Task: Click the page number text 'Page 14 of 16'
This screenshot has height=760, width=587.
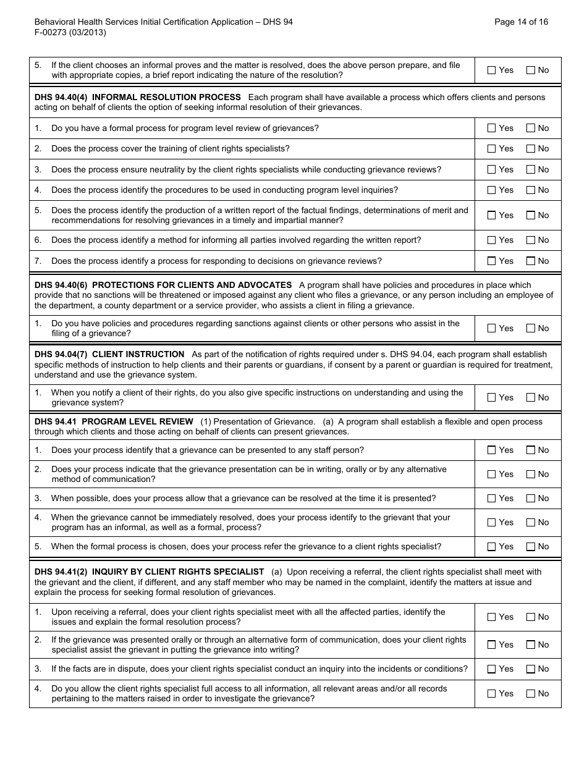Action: [x=521, y=22]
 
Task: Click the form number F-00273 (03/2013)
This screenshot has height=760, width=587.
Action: [x=70, y=33]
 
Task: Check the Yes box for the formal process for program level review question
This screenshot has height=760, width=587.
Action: [x=492, y=129]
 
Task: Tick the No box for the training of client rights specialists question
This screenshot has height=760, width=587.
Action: [x=531, y=149]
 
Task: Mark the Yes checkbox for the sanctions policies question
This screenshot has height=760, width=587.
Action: [x=492, y=329]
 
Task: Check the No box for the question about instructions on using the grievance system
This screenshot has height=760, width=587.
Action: [x=531, y=398]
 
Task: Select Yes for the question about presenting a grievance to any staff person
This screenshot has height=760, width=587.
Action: [x=492, y=450]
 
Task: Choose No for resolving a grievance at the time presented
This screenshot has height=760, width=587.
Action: [x=531, y=499]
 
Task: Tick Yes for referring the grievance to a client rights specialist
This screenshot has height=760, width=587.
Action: [x=492, y=547]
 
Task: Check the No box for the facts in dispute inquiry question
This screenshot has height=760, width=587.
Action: [x=531, y=669]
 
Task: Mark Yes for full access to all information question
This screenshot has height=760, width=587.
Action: [x=492, y=694]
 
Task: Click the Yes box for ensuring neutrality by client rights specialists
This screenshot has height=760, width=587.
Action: [x=492, y=169]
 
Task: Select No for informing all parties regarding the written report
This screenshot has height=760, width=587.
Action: [x=531, y=240]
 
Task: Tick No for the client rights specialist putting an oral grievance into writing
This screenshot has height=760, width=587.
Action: [x=531, y=645]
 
